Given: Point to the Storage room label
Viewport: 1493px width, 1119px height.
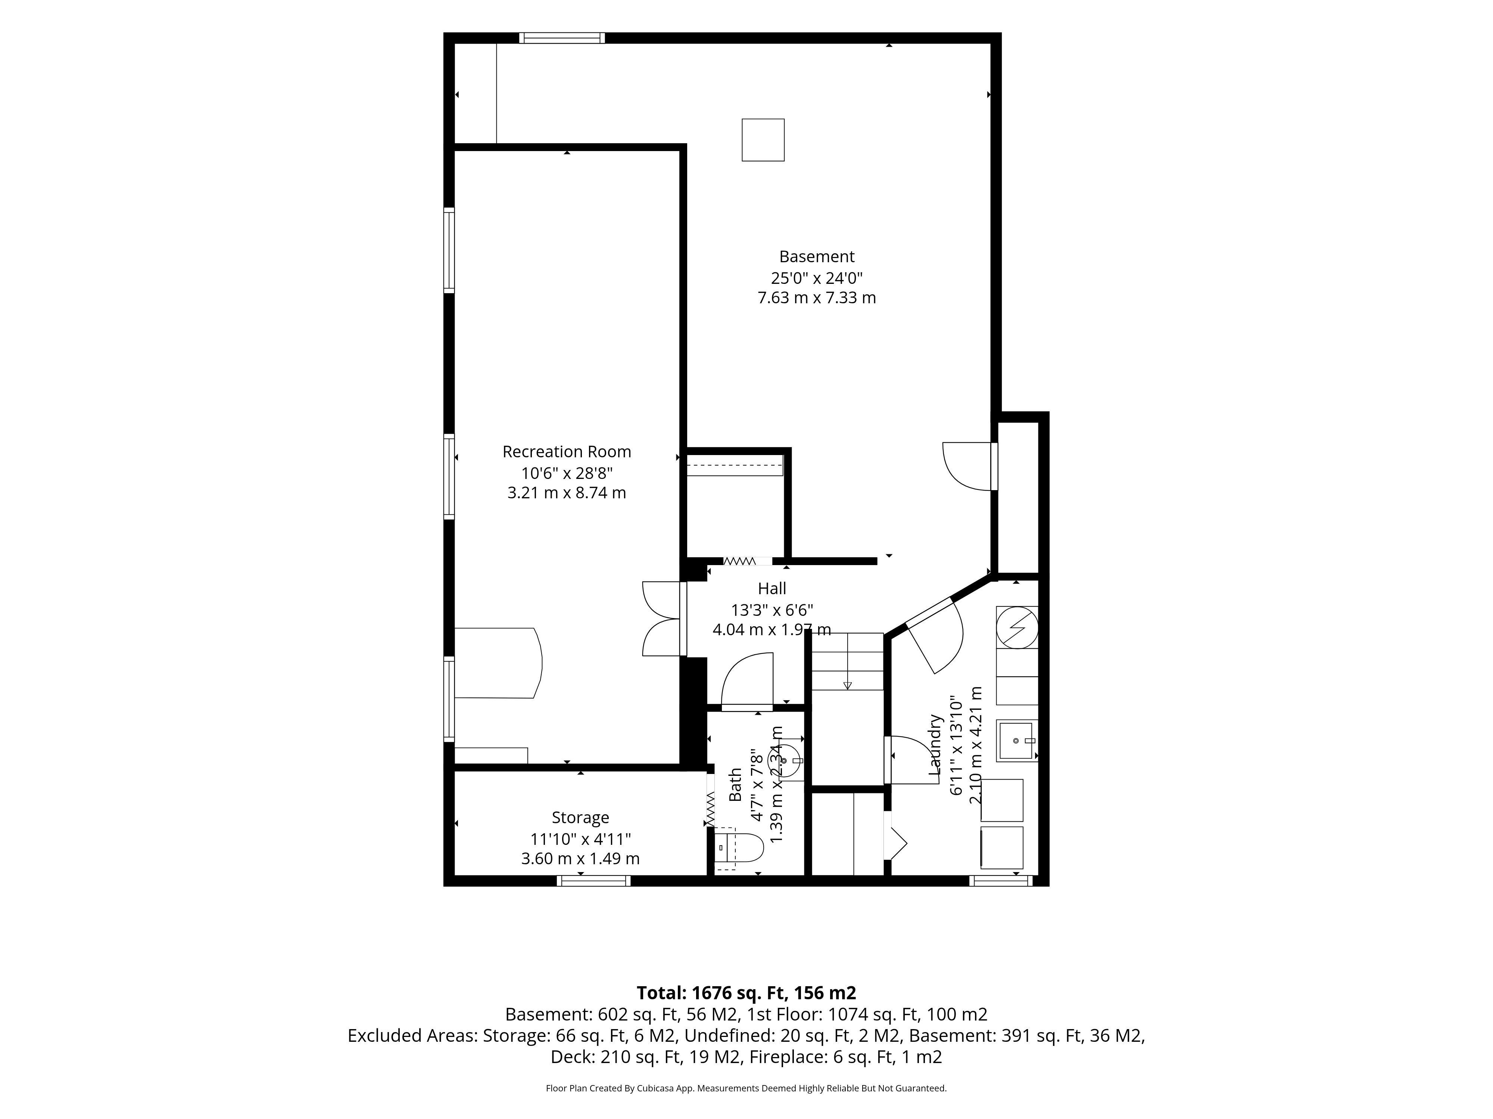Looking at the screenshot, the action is click(x=580, y=818).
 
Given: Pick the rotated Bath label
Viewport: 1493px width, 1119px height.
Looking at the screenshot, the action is click(x=736, y=784).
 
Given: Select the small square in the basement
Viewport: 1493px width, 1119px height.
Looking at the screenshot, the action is click(x=763, y=140).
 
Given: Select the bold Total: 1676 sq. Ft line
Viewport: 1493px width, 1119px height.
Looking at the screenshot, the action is click(x=746, y=993).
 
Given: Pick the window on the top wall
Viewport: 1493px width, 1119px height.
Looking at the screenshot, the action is click(x=562, y=38).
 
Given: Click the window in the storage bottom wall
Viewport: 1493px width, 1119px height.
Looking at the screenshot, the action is click(x=593, y=880).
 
